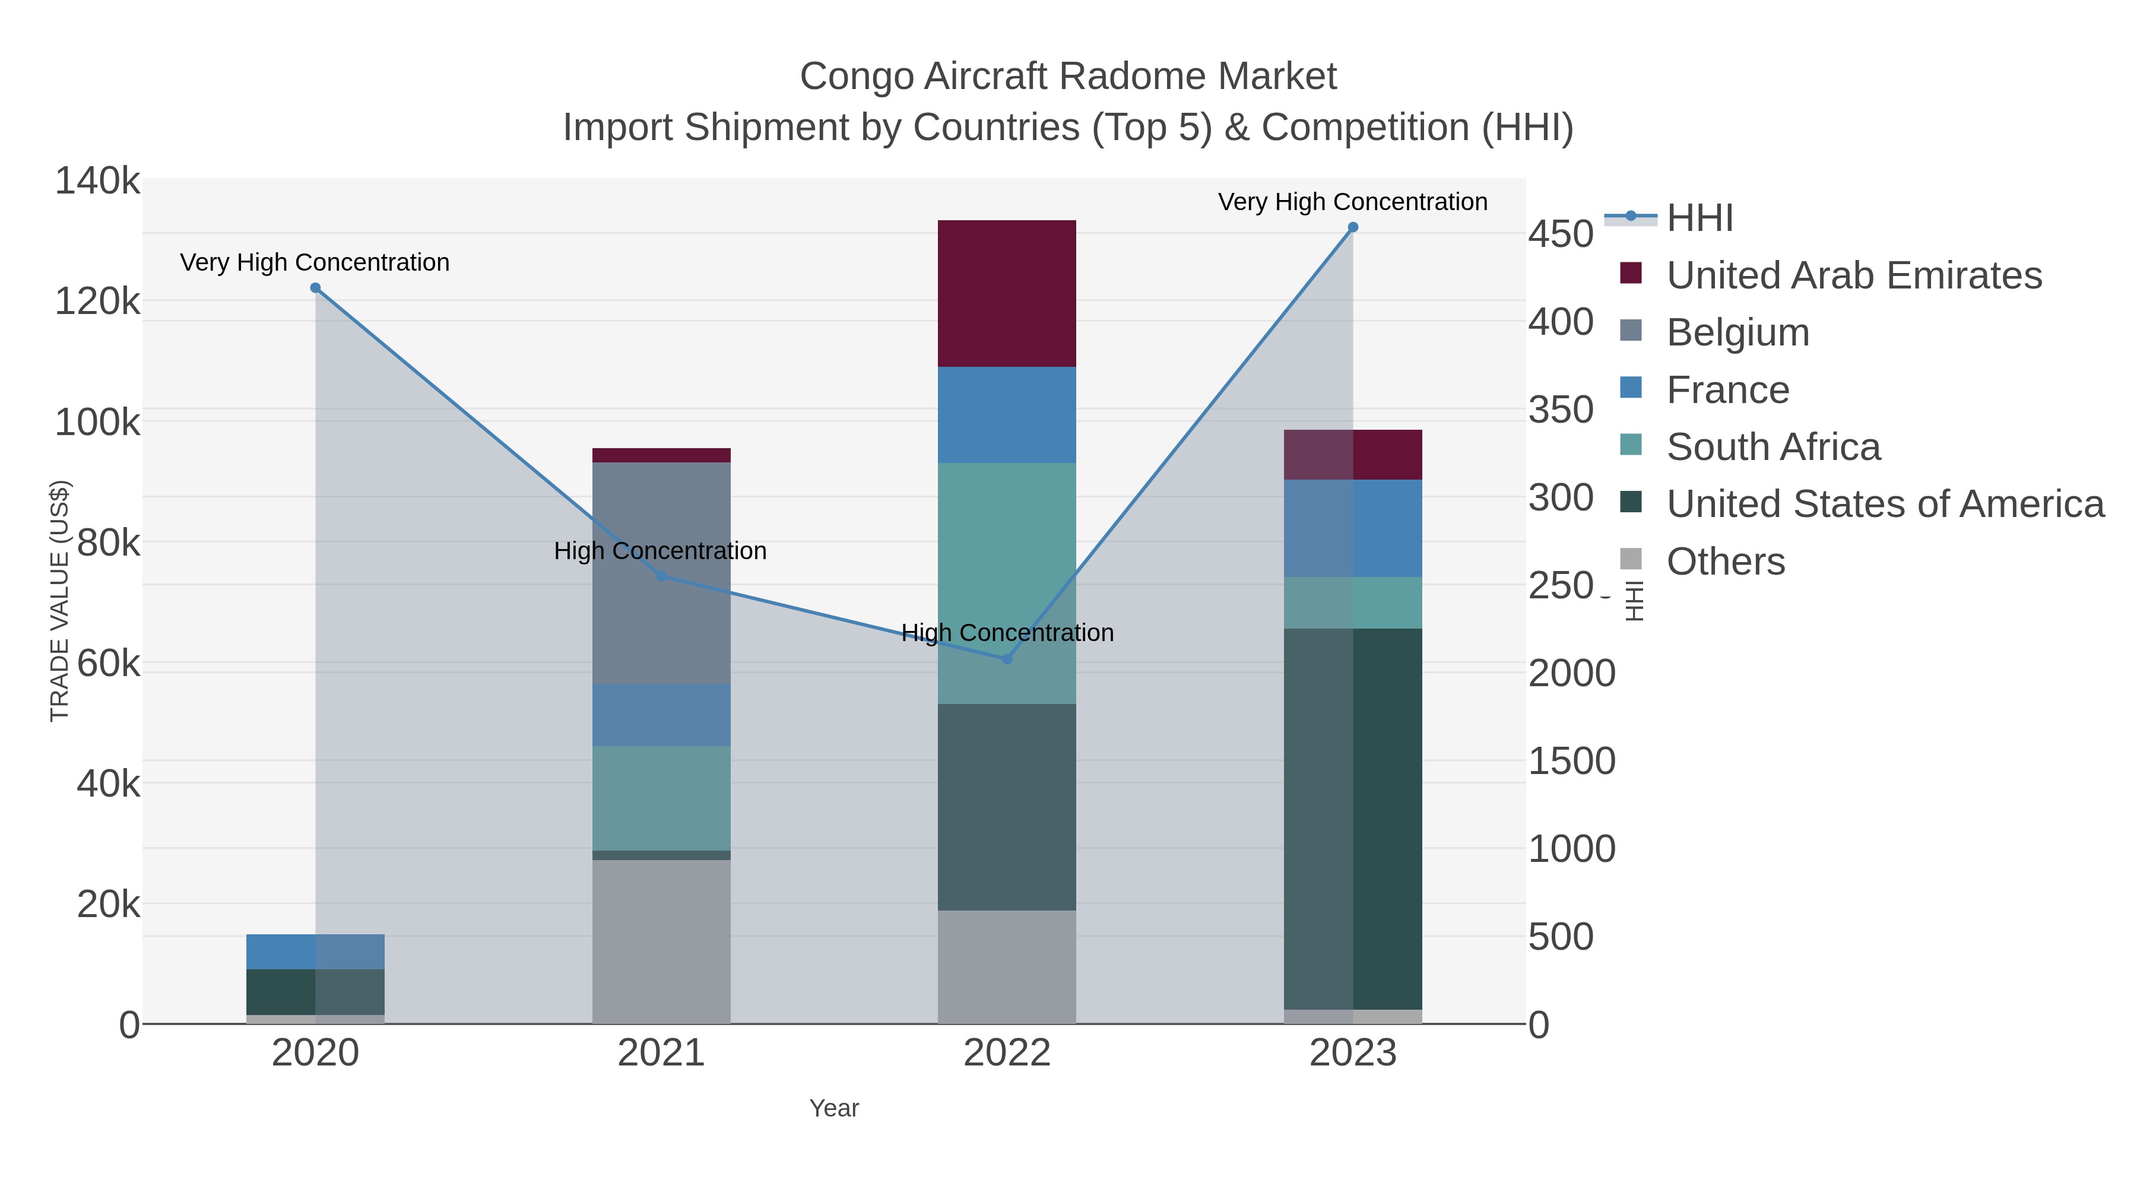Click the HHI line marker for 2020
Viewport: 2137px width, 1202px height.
315,288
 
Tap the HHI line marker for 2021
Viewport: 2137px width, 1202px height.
661,576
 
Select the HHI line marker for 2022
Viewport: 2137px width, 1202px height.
1007,659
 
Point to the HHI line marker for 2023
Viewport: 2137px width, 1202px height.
1353,227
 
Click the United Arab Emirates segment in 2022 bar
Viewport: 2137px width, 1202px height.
1007,294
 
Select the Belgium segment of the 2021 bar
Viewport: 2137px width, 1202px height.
661,572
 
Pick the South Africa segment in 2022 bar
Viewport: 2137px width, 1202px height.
1007,583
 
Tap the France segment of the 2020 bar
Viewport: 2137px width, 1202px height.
315,952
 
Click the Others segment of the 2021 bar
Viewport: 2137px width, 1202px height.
661,941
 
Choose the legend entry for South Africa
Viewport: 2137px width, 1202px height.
1773,447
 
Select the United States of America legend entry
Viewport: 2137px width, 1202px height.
1884,505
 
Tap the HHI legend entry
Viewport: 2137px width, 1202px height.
1699,218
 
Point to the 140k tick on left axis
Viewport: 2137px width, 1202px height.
97,181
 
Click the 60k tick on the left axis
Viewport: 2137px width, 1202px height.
108,664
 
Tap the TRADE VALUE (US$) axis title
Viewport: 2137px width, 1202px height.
60,601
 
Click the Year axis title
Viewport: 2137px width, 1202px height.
834,1108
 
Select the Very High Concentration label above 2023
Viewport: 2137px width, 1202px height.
1352,202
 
